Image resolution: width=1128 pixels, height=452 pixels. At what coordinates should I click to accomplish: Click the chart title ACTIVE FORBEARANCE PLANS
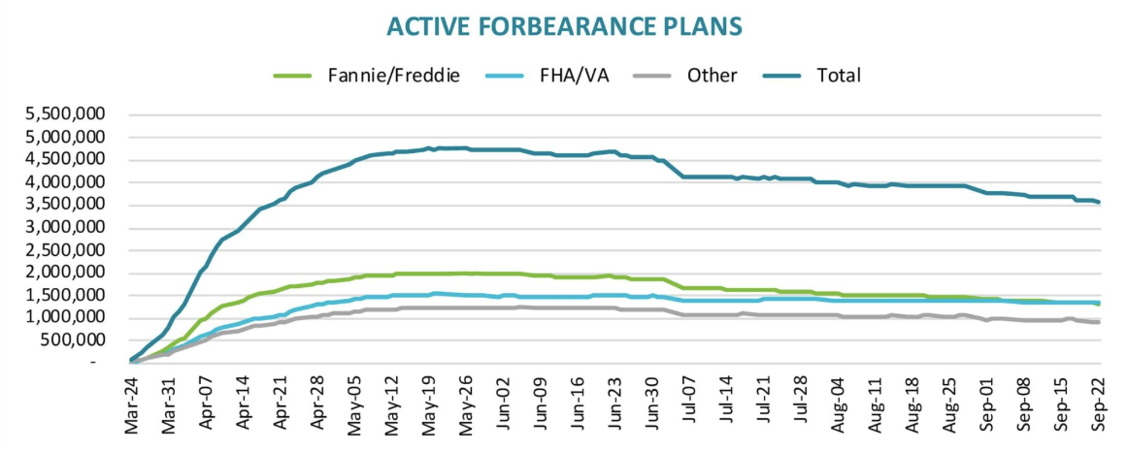[x=563, y=26]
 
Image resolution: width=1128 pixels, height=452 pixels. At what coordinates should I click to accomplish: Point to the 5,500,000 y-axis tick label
[x=67, y=114]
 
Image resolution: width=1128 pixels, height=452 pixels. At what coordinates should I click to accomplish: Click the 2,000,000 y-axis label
[x=67, y=273]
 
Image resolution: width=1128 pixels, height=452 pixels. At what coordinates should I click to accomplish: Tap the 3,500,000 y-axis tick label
[x=67, y=205]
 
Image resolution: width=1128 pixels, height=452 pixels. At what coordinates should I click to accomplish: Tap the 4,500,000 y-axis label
[x=67, y=160]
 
